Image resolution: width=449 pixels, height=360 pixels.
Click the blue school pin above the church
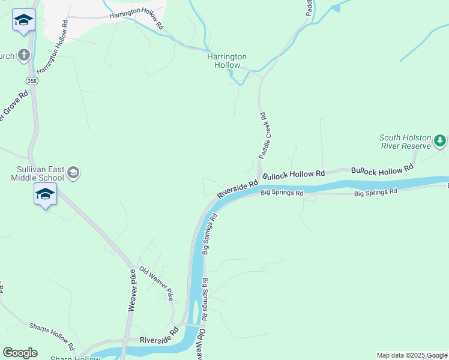tap(23, 21)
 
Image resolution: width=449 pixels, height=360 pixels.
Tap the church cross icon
tap(23, 56)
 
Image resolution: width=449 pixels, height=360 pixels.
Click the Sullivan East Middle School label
tap(37, 173)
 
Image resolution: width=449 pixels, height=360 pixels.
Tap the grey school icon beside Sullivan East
tap(73, 173)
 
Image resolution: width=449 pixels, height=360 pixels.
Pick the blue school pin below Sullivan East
tap(45, 194)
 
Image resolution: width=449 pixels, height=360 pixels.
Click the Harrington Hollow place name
tap(227, 61)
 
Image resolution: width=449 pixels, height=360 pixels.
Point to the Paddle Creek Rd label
tap(262, 136)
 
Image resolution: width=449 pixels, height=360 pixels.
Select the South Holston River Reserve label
tap(405, 142)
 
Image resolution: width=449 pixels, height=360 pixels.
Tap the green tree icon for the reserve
tap(440, 140)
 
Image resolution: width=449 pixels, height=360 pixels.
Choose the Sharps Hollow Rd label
tap(52, 337)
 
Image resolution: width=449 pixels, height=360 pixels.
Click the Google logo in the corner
tap(20, 353)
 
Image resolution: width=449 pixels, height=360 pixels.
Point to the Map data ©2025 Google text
tap(411, 355)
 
